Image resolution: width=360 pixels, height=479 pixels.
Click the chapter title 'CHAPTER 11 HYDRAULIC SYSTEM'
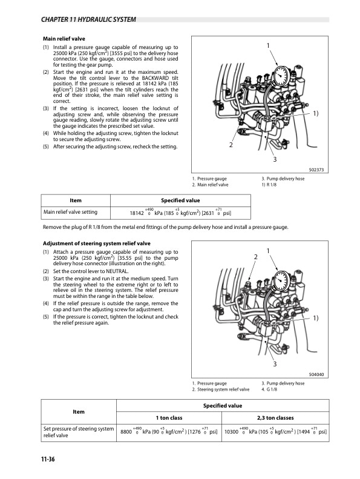click(x=87, y=20)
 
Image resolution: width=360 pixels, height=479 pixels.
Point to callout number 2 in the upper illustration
click(x=231, y=146)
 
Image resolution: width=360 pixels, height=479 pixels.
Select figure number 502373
click(x=316, y=170)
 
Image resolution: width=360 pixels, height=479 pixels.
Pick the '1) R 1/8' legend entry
click(x=270, y=184)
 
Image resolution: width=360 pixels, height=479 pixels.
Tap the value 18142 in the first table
click(x=137, y=213)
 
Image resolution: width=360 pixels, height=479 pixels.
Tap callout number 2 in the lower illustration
click(x=255, y=257)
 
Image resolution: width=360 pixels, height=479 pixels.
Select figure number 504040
click(x=316, y=374)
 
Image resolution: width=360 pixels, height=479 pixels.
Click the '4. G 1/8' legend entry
click(x=270, y=389)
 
